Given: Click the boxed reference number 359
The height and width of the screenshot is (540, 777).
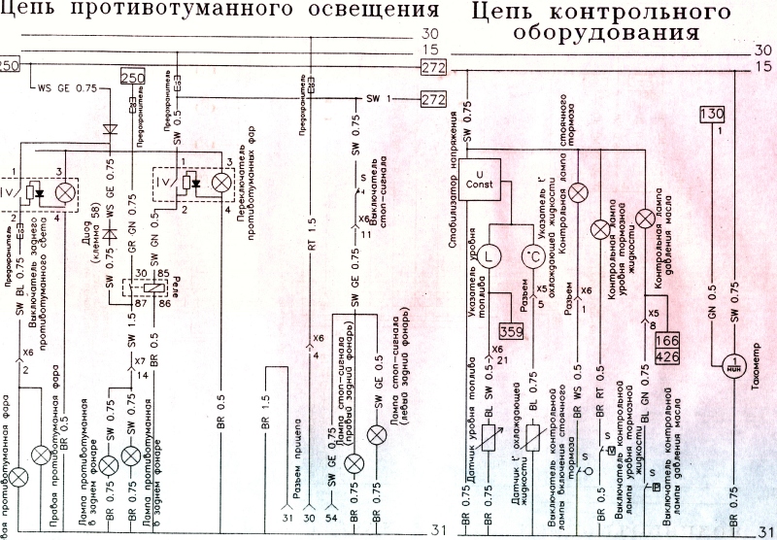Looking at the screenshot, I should pos(512,330).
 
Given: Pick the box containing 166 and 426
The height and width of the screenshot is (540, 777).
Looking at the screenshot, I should pos(666,349).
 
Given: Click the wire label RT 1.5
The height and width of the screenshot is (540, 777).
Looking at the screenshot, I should pos(312,233).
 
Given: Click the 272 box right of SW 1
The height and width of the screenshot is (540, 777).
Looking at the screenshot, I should pos(432,99).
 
